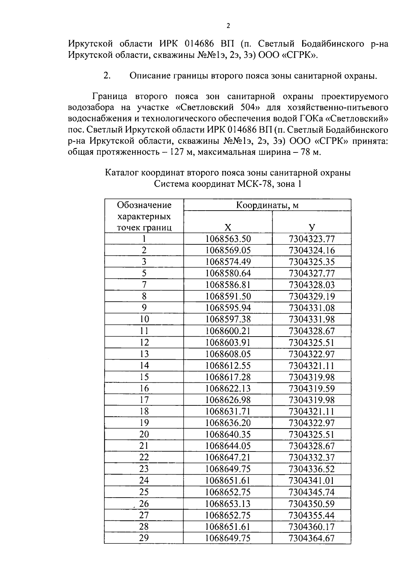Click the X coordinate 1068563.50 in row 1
pyautogui.click(x=228, y=239)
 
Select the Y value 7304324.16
pyautogui.click(x=311, y=250)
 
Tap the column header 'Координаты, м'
pyautogui.click(x=267, y=205)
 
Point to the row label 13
pyautogui.click(x=144, y=354)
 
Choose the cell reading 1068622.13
pyautogui.click(x=228, y=389)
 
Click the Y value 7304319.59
pyautogui.click(x=311, y=389)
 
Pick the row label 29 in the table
pyautogui.click(x=144, y=538)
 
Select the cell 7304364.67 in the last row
pyautogui.click(x=311, y=538)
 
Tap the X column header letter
pyautogui.click(x=228, y=227)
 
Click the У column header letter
pyautogui.click(x=311, y=227)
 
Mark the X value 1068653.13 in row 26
pyautogui.click(x=228, y=504)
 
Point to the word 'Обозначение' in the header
pyautogui.click(x=144, y=205)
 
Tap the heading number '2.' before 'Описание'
pyautogui.click(x=107, y=76)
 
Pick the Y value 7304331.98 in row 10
pyautogui.click(x=311, y=319)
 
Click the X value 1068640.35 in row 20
pyautogui.click(x=228, y=434)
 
